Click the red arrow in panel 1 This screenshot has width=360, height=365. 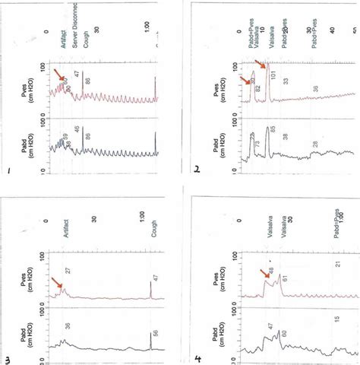coord(58,75)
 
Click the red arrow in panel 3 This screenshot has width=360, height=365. coord(58,284)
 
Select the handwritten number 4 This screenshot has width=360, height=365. coord(197,355)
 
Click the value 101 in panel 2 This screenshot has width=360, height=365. coord(272,75)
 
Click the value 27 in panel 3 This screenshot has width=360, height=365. coord(68,269)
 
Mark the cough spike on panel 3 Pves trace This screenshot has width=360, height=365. coord(150,287)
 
